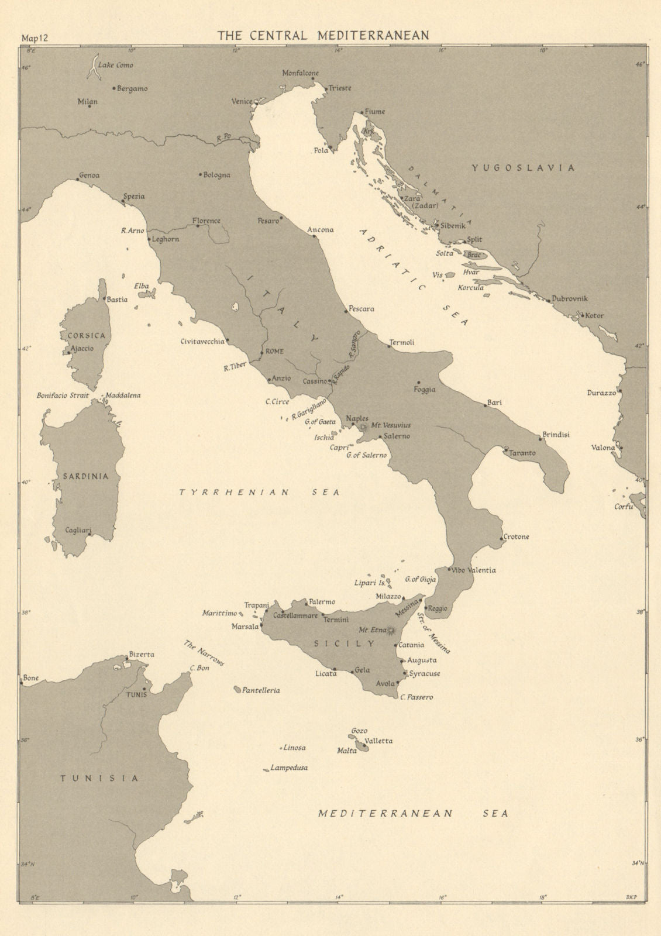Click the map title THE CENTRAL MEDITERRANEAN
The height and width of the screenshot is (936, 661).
click(x=323, y=35)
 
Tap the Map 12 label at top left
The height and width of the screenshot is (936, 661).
click(x=35, y=39)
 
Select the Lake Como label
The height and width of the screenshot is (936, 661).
click(x=116, y=66)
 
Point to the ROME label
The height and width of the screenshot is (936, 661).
click(x=274, y=352)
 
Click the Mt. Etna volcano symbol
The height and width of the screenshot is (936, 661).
click(x=391, y=630)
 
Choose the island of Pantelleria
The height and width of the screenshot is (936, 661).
click(x=237, y=690)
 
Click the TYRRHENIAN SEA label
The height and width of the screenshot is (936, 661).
click(x=259, y=493)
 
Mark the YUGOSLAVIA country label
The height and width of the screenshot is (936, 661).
click(x=523, y=168)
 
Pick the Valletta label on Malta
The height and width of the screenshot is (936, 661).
click(x=378, y=741)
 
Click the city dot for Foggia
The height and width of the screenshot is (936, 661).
click(x=419, y=382)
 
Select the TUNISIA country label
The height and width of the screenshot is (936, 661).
click(x=99, y=779)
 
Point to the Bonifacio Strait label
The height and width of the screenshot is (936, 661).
click(x=63, y=395)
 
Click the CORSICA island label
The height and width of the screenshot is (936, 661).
click(x=85, y=336)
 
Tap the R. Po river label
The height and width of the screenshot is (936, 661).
click(x=223, y=139)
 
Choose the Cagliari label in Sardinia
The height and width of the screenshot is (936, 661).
click(x=78, y=531)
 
